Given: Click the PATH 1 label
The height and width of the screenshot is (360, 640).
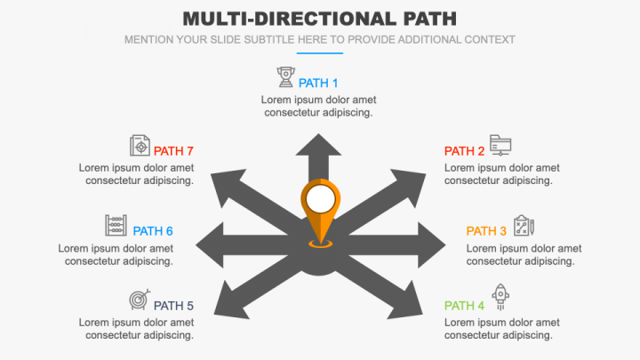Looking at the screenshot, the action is coord(318,84).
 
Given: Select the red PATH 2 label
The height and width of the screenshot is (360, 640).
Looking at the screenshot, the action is coord(464,151).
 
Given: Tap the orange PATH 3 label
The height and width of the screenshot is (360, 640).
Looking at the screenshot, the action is coord(486,231).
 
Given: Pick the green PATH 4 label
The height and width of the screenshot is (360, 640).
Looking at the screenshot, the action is coord(464,306).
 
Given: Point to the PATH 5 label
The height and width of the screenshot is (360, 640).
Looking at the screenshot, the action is coord(173,306).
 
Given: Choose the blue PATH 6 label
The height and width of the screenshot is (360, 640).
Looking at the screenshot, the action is coord(153,231).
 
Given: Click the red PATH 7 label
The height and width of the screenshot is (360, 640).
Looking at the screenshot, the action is coord(173,151).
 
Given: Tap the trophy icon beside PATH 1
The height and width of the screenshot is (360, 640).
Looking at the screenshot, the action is coord(285,77).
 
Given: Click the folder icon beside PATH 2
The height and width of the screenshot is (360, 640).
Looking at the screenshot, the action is coord(500,145).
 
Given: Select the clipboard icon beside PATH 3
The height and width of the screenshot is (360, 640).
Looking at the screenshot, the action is coord(524,225).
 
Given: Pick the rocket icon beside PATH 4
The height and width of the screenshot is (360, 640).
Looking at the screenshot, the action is coord(500,297).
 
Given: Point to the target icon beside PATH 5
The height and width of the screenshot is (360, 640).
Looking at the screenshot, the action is coord(140,300).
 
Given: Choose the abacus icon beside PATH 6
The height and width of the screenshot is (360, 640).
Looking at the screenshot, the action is coord(116,225).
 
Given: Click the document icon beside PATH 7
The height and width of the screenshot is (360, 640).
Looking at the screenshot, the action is coord(140,145).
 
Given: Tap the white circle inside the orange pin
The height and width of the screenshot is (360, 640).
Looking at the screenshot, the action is coord(321,199).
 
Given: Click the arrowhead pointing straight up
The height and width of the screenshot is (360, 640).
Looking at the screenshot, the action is coord(318,145).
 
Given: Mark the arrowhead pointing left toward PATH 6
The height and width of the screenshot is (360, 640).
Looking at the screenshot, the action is coord(210,245).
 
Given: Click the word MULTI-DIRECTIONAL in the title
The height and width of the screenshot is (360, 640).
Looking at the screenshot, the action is coord(290,19).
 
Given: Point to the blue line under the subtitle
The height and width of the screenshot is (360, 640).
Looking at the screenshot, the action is coord(320,53).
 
